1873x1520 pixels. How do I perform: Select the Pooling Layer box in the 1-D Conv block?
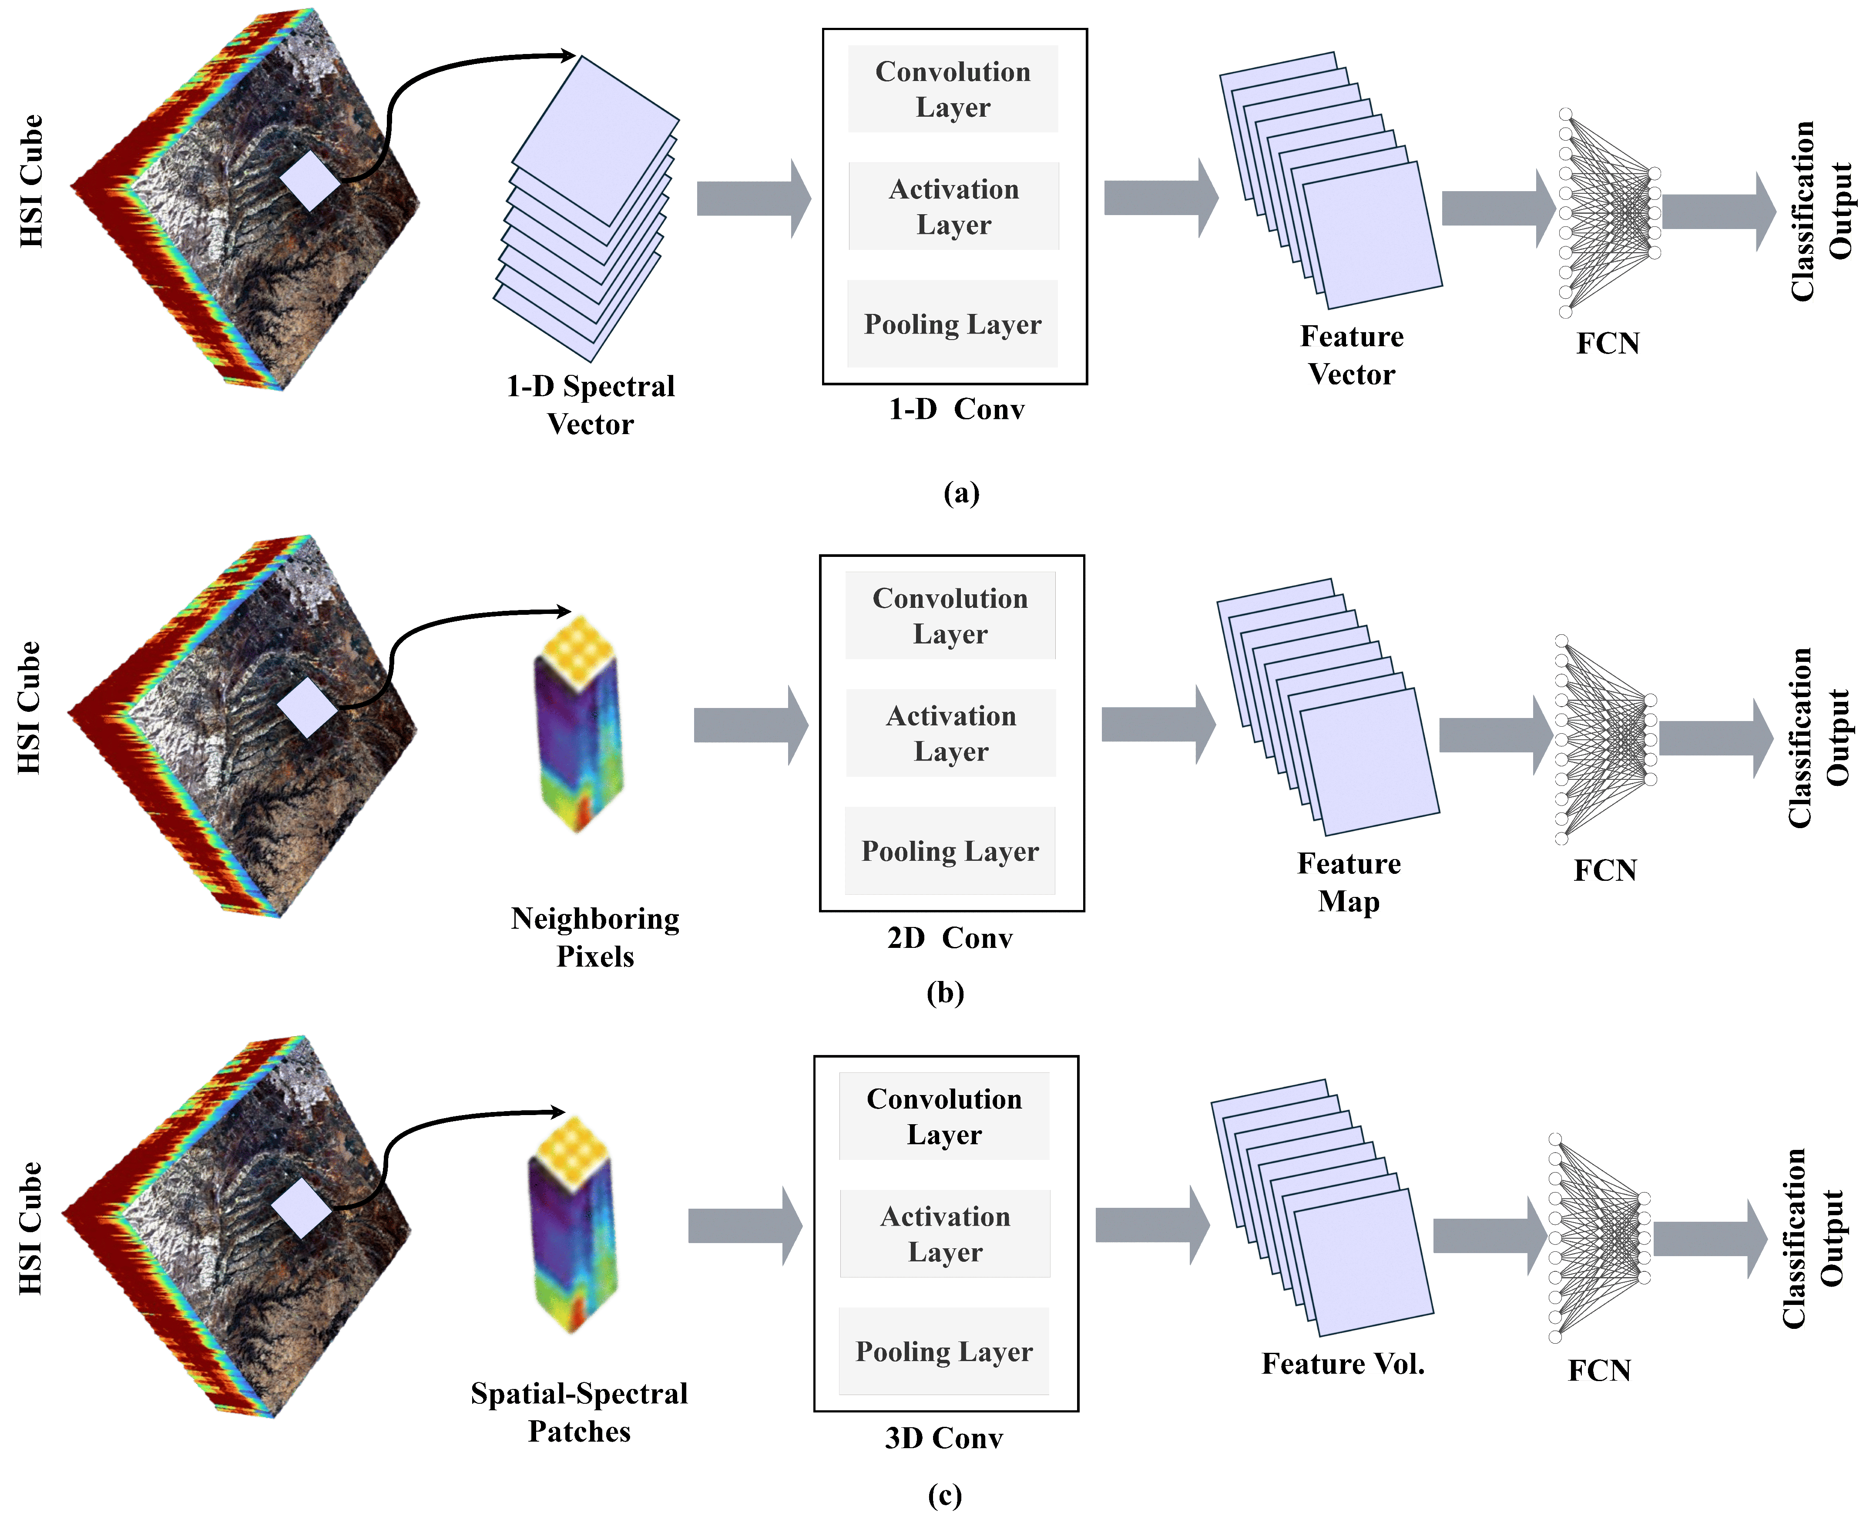pos(952,324)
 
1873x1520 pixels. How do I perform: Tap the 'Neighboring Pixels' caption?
pos(595,937)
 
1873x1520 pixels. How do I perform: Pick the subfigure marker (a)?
pos(961,493)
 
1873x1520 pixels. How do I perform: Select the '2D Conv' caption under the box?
pos(950,938)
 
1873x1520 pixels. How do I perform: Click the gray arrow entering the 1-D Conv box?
pos(753,199)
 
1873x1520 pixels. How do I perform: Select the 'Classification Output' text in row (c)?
pos(1812,1237)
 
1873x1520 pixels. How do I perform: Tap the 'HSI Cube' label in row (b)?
pos(29,708)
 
